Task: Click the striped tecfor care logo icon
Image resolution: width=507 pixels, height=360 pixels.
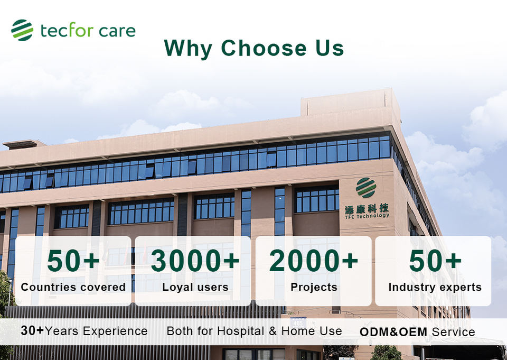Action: [x=22, y=30]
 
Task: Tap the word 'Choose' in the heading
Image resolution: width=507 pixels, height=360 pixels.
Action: [x=264, y=48]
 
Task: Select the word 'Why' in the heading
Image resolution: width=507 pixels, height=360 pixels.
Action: [x=188, y=49]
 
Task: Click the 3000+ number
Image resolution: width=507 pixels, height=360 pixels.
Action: [x=195, y=260]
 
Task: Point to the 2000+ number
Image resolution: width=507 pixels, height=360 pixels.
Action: [x=313, y=260]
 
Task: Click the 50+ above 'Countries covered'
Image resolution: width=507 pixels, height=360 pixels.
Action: [x=73, y=260]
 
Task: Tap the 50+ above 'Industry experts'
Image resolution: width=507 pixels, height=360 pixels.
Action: [x=435, y=260]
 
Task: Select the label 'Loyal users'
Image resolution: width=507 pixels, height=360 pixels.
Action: [x=195, y=287]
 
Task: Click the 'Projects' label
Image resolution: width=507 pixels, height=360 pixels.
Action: [x=314, y=287]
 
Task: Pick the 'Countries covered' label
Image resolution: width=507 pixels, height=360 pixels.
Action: [x=73, y=287]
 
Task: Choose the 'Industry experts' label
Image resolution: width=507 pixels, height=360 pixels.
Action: [x=435, y=287]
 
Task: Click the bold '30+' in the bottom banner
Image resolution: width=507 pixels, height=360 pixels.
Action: [x=32, y=330]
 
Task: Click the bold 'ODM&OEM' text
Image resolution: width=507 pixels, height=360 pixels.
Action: [x=393, y=332]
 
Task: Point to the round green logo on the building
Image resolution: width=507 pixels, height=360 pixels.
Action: [x=366, y=188]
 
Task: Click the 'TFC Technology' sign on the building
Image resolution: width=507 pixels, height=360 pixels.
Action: [x=367, y=216]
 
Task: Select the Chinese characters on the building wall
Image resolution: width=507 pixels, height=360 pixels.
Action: [x=367, y=208]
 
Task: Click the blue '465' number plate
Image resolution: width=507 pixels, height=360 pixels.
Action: [x=298, y=323]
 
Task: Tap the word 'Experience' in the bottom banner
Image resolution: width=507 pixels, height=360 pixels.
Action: [x=115, y=331]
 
